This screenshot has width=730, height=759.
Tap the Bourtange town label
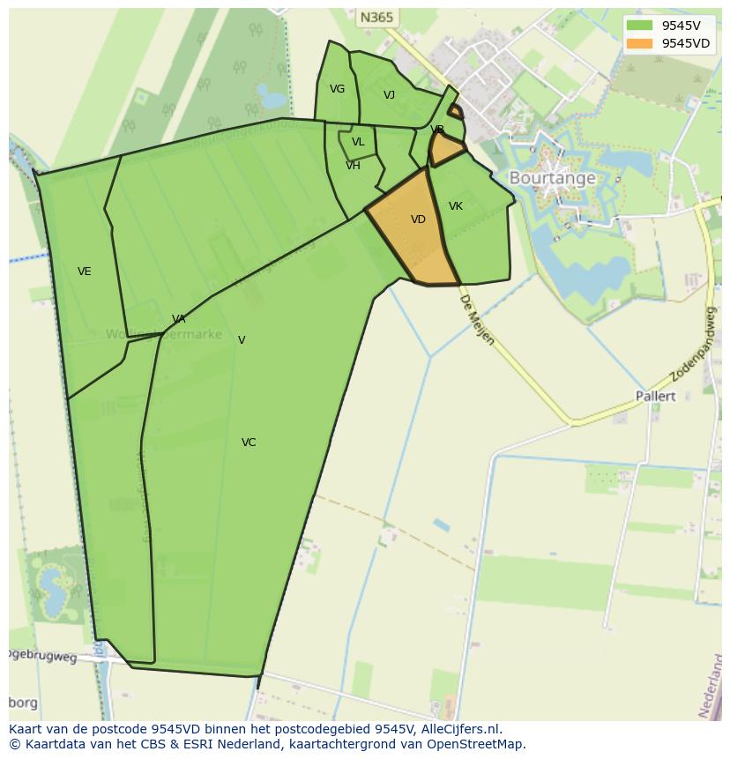coord(552,178)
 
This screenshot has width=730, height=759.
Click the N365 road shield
coord(377,17)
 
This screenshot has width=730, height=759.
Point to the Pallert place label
coord(656,397)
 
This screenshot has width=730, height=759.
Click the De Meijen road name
coord(477,319)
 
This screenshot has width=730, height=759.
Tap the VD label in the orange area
coord(418,220)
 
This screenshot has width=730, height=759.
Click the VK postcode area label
coord(456,206)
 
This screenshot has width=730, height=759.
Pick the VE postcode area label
coord(85,272)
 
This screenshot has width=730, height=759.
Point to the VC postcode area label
coord(249,443)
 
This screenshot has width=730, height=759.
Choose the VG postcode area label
coord(337,89)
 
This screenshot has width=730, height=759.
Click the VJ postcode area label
coord(389,95)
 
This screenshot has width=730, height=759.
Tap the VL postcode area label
coord(358,142)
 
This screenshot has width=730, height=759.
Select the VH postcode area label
coord(353,166)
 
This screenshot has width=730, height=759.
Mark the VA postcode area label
coord(179,319)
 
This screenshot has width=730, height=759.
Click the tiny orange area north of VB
coord(456,111)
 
